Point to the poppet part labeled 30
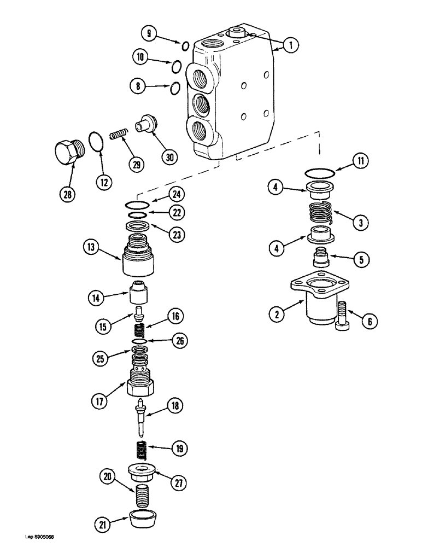(147, 122)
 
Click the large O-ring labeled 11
(319, 172)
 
